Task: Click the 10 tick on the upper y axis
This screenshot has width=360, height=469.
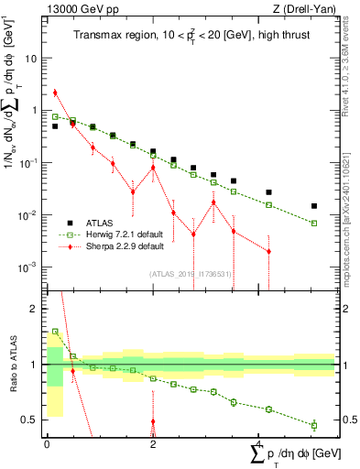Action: pos(32,57)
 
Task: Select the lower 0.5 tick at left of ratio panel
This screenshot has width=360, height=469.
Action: pos(32,420)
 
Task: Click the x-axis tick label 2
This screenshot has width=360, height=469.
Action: pos(153,444)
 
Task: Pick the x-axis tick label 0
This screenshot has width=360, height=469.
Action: pos(47,444)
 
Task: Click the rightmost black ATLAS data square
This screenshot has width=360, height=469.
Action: pos(314,206)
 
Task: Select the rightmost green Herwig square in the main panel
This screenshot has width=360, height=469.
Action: pos(314,224)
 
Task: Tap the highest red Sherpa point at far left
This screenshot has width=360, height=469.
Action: pos(55,93)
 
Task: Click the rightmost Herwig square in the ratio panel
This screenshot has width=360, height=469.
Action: pos(314,425)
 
